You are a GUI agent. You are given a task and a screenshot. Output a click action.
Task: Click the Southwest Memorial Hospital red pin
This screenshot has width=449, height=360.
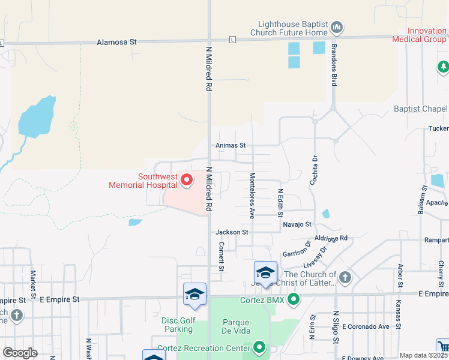tap(187, 179)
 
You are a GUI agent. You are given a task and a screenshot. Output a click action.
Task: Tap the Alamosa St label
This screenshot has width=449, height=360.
tap(117, 43)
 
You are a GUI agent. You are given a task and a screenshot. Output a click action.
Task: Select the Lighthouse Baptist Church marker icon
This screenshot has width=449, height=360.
tap(337, 27)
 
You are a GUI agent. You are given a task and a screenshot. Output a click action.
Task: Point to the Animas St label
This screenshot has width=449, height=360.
tap(231, 145)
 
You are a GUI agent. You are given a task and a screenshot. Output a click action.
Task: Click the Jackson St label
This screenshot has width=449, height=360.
tap(232, 232)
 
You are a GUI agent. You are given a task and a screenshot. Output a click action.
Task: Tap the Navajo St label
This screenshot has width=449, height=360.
tap(298, 224)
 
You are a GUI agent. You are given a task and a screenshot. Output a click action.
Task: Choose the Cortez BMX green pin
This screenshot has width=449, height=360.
tap(294, 298)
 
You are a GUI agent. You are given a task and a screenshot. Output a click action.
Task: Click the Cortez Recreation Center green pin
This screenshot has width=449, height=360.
tap(259, 347)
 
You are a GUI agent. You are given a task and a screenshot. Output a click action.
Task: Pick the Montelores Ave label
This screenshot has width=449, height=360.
tap(253, 195)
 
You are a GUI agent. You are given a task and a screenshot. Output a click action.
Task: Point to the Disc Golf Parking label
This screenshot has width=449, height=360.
tap(177, 325)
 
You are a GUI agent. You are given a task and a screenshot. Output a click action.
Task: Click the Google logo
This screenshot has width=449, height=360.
tap(20, 353)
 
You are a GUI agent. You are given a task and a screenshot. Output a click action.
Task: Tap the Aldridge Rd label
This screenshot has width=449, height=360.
tap(331, 238)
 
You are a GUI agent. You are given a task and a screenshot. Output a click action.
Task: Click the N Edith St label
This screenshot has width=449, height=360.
tap(280, 203)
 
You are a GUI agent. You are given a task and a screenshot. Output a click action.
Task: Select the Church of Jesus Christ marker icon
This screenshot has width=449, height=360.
tap(345, 278)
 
